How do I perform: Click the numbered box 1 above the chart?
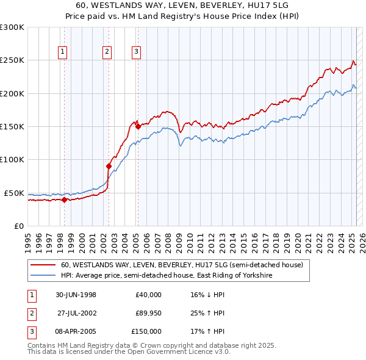[63, 52]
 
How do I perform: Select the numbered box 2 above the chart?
[107, 52]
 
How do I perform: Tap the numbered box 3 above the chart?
[135, 52]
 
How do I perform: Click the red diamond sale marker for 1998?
[64, 199]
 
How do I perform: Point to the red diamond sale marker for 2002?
[109, 166]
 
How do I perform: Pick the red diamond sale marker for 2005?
[138, 126]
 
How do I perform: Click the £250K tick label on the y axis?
[12, 60]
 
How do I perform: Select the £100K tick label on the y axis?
[12, 159]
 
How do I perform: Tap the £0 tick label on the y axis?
[18, 226]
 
